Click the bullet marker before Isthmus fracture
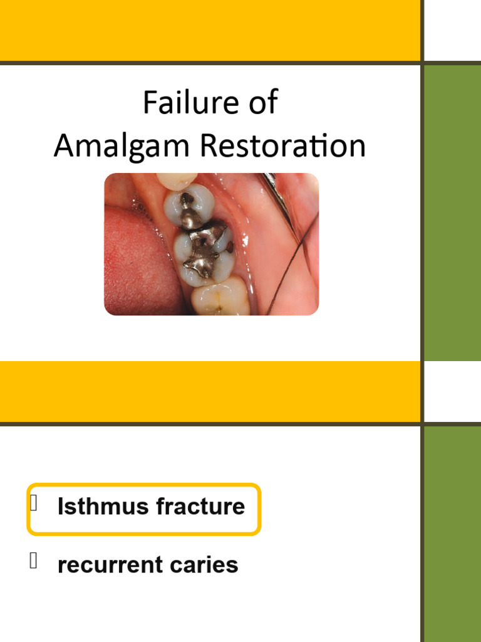(x=34, y=503)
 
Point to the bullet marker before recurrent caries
(x=34, y=561)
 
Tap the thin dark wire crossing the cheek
(x=294, y=263)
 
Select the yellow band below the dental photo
(x=210, y=391)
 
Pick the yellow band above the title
(x=210, y=29)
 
